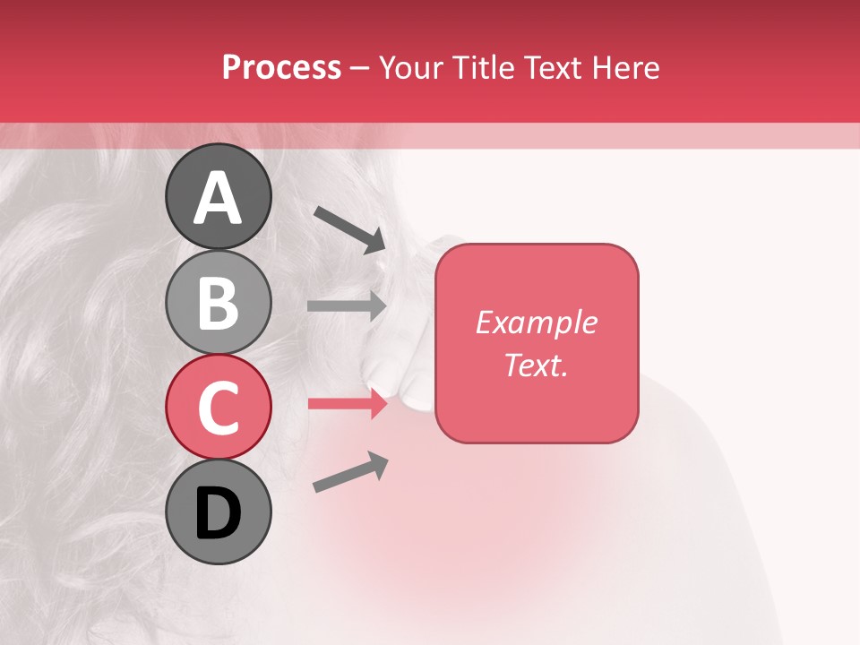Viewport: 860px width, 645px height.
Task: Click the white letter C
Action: tap(218, 408)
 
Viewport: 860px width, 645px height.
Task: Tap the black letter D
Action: tap(218, 513)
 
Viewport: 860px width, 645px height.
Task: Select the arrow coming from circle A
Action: tap(349, 229)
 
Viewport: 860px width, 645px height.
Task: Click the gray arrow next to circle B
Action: tap(347, 305)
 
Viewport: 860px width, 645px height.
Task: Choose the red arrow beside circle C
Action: tap(347, 403)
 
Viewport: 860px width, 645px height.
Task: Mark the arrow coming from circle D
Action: tap(350, 472)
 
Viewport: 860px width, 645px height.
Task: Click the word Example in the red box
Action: tap(537, 322)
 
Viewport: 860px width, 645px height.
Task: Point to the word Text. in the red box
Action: tap(537, 365)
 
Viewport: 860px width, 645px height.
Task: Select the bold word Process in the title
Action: tap(281, 67)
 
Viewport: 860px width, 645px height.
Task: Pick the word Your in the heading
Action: tap(411, 67)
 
